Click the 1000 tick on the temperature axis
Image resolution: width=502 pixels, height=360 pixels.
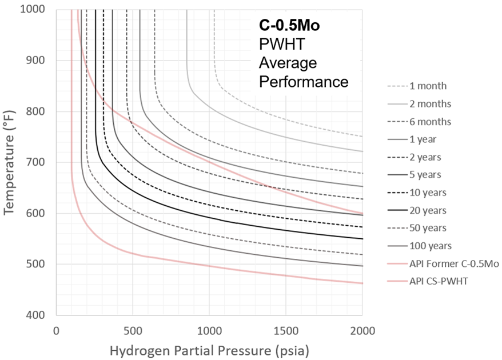tap(36, 10)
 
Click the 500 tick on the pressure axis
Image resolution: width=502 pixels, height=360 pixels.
tap(132, 330)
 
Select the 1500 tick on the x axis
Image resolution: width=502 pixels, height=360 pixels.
tap(286, 330)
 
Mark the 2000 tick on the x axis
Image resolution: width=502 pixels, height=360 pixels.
tap(362, 330)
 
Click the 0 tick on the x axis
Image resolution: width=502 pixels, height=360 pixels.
tap(56, 330)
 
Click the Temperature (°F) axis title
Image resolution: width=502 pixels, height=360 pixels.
tap(10, 162)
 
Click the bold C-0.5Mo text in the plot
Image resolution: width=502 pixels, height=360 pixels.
tap(292, 25)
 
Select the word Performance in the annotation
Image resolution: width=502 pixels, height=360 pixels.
tap(304, 82)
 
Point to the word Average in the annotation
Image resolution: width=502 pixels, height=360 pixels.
tap(288, 63)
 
